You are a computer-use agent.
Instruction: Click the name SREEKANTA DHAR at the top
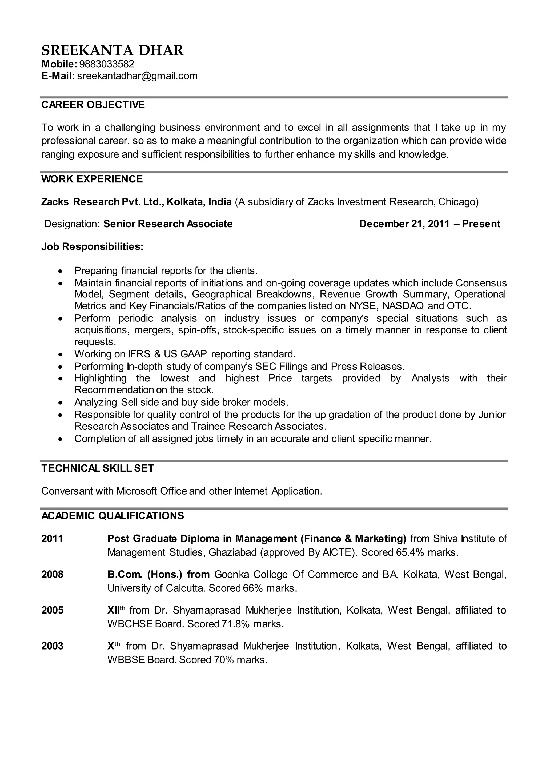point(112,50)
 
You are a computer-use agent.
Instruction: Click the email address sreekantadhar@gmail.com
point(137,76)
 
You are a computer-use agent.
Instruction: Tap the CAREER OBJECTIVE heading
point(93,105)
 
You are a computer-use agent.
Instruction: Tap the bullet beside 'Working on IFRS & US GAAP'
point(60,355)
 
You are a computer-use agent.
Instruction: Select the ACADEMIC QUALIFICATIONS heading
point(113,516)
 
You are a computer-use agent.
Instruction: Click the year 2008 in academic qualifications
point(52,574)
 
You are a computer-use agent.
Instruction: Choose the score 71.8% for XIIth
point(236,624)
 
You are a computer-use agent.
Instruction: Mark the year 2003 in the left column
point(52,646)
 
